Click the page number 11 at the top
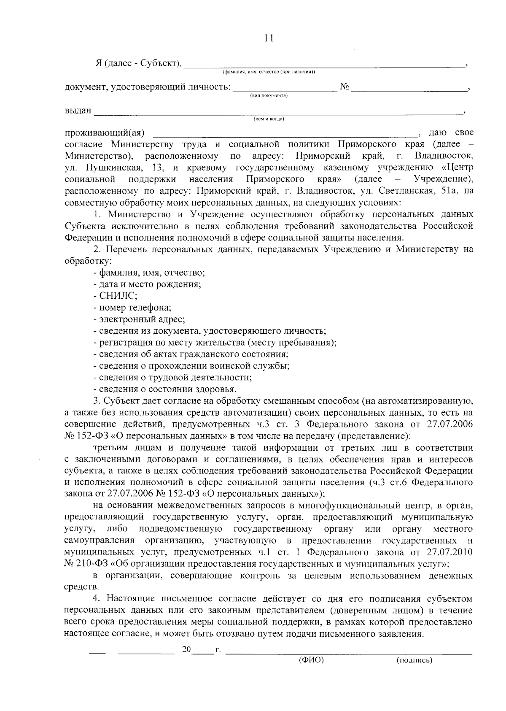point(269,38)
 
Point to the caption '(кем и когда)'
point(269,119)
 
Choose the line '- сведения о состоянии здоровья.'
point(165,389)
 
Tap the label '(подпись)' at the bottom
point(414,660)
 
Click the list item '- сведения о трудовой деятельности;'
point(172,377)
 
